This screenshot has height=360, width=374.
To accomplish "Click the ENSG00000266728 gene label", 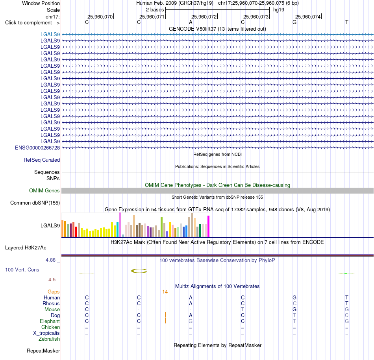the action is (x=37, y=148).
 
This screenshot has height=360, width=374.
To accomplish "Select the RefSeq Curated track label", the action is (x=42, y=160).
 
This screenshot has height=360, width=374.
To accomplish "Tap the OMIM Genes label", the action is (x=44, y=191).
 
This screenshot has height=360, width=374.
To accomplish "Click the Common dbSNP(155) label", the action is (x=35, y=203).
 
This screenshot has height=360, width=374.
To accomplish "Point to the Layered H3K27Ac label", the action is (x=26, y=248).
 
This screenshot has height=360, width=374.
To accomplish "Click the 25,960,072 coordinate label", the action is (x=204, y=17).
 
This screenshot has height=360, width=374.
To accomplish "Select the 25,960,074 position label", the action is (x=308, y=17).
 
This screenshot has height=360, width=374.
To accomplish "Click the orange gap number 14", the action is (x=165, y=292).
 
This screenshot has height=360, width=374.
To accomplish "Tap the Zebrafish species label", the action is (x=49, y=339).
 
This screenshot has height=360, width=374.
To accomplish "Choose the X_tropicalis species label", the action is (x=46, y=333).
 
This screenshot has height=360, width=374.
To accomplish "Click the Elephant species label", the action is (x=50, y=321).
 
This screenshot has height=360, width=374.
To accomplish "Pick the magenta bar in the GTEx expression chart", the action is (x=209, y=226).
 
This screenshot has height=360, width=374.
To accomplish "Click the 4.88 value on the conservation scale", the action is (x=50, y=260).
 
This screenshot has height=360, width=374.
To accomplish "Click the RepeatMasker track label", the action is (x=43, y=351).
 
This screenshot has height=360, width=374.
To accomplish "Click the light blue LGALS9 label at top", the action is (x=50, y=34).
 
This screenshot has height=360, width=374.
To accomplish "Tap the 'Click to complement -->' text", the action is (x=32, y=23).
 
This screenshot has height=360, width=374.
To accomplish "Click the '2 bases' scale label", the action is (x=155, y=10).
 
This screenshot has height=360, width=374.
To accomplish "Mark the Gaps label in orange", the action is (x=54, y=292).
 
